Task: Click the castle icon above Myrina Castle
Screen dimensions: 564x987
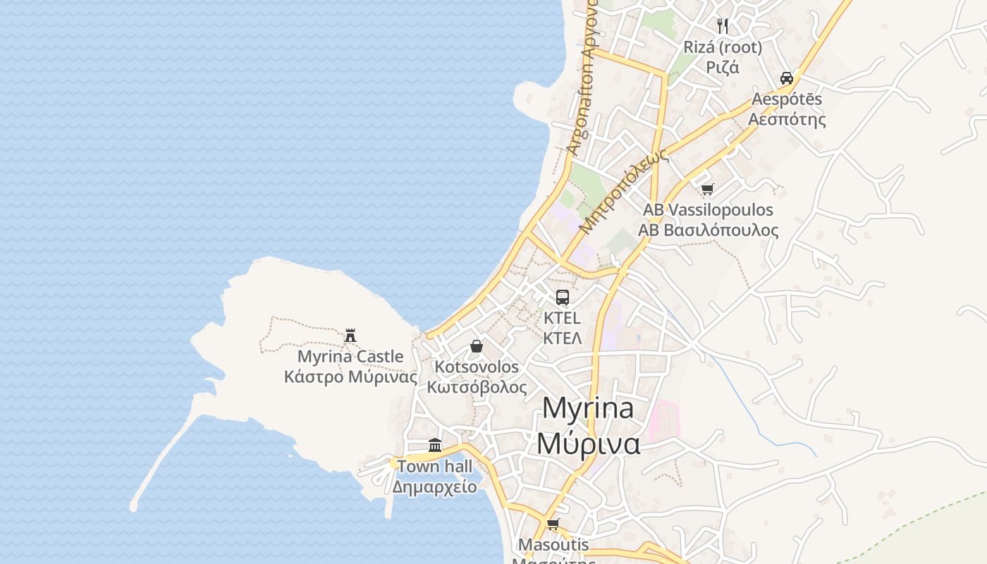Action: coord(350,336)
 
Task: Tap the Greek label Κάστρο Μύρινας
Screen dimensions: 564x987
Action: coord(350,376)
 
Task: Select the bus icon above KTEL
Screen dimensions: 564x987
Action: coord(562,298)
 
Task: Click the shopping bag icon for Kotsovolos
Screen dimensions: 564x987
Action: coord(477,346)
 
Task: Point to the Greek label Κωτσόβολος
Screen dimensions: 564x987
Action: coord(477,387)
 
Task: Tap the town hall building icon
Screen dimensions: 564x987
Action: coord(435,446)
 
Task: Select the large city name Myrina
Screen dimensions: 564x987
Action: coord(588,409)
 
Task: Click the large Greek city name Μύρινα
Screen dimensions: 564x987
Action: coord(588,444)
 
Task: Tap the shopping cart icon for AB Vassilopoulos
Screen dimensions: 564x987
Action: coord(708,189)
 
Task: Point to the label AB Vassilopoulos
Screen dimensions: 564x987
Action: coord(708,210)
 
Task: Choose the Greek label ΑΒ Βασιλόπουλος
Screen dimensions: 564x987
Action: coord(708,231)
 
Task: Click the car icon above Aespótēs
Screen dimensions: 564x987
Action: coord(787,78)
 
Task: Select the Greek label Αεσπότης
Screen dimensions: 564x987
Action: coord(787,118)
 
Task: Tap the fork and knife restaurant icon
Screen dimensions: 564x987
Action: coord(723,26)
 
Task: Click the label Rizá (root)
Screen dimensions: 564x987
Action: coord(723,47)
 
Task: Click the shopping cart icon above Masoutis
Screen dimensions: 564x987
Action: coord(553,524)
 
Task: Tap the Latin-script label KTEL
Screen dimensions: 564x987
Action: coord(562,318)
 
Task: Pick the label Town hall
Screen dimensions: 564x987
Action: coord(434,466)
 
